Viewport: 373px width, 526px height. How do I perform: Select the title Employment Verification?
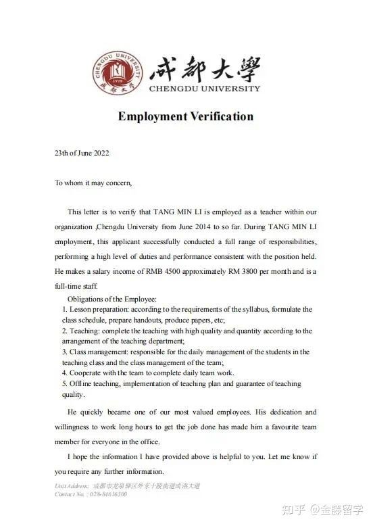click(186, 116)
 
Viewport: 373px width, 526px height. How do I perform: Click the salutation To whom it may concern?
click(93, 183)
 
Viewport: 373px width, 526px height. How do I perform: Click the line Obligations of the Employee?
click(112, 299)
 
